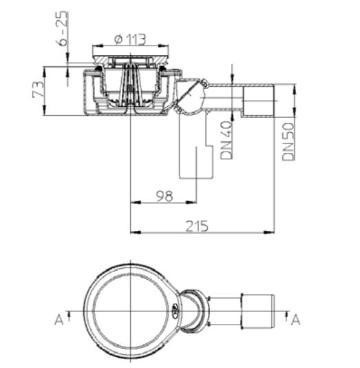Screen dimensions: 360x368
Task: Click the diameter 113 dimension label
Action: (x=130, y=39)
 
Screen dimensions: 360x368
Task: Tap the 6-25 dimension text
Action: (x=63, y=28)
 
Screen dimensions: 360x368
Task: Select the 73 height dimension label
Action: (x=39, y=90)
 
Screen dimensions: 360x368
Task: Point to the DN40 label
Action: (x=226, y=140)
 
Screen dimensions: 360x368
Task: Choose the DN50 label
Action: (x=288, y=142)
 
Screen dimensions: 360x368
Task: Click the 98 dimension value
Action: (x=165, y=196)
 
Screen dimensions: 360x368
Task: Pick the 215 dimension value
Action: (x=197, y=226)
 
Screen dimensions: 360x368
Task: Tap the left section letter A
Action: (x=59, y=320)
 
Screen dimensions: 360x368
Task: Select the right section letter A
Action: (x=296, y=320)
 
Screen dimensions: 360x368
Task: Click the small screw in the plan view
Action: (x=175, y=311)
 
